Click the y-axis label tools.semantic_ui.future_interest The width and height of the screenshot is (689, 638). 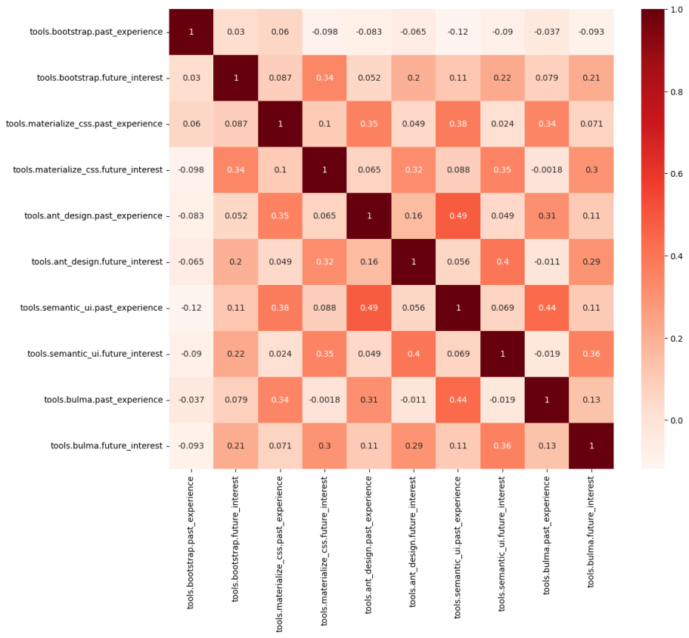95,354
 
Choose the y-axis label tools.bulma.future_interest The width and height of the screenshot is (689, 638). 105,446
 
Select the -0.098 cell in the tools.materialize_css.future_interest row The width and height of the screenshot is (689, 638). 191,170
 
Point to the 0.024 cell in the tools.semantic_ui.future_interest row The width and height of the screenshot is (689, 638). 279,354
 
